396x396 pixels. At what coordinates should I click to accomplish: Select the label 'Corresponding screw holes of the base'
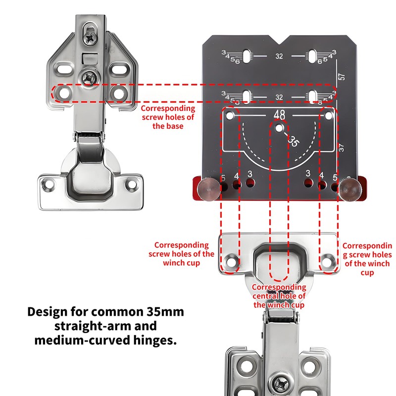168,117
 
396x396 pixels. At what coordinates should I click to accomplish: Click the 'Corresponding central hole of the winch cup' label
279,296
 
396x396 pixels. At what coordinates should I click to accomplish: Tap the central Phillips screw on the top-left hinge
90,77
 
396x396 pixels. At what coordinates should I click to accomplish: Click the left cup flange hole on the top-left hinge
49,185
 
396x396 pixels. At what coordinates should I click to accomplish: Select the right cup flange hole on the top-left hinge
132,185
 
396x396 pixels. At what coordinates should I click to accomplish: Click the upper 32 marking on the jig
279,56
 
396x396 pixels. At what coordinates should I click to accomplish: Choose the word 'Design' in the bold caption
48,312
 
